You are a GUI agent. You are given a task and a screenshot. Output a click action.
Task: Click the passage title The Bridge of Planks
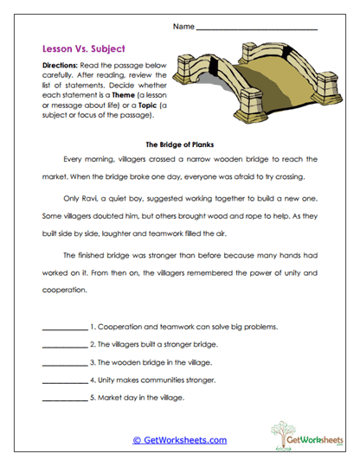point(179,144)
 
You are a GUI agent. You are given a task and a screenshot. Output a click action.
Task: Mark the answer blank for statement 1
point(64,329)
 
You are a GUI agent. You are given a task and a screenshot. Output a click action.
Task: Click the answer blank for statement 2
point(64,346)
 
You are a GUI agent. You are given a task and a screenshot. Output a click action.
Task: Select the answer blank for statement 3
point(64,363)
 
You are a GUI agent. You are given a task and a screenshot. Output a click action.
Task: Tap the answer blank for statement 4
point(64,380)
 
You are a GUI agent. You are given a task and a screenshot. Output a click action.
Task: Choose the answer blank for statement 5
point(64,398)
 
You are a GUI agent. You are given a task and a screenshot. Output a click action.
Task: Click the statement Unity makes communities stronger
point(160,379)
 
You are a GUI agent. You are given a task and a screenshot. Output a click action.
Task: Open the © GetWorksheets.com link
point(179,440)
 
